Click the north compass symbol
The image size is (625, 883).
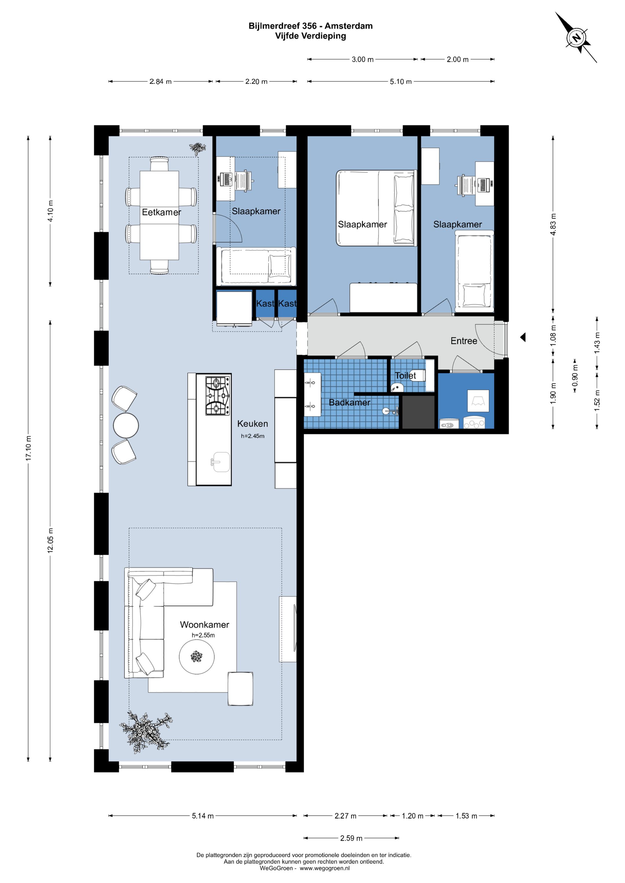click(x=576, y=38)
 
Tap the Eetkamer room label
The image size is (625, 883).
click(x=161, y=212)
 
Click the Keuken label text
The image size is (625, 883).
click(x=253, y=423)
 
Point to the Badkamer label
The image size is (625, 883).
click(x=350, y=402)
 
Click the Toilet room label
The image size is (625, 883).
click(x=405, y=375)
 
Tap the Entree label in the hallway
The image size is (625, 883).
click(x=464, y=341)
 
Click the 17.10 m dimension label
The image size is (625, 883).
click(x=28, y=448)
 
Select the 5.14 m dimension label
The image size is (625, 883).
click(x=203, y=816)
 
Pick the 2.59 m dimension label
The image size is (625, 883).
click(x=351, y=838)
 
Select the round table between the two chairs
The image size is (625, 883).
click(x=126, y=425)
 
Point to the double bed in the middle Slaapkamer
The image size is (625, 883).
click(x=377, y=208)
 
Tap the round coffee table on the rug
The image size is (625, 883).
click(x=197, y=657)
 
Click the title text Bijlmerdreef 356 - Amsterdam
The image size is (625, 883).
click(x=310, y=26)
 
